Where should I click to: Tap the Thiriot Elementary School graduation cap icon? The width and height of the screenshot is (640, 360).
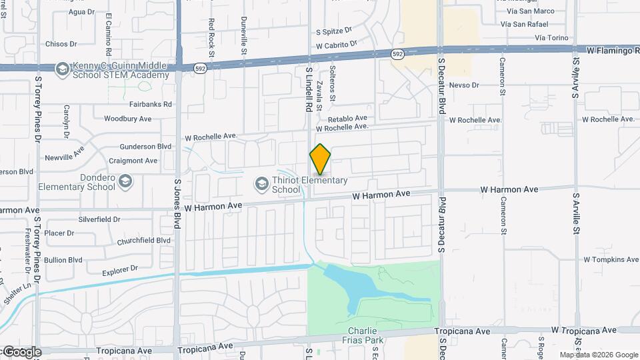click(x=262, y=182)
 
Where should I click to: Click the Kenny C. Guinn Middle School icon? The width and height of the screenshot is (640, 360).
click(x=62, y=69)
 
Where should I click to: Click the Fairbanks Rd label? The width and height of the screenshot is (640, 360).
click(x=150, y=104)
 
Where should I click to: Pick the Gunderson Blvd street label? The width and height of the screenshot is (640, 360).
click(x=146, y=147)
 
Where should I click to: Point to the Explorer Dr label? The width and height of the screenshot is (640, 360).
click(x=120, y=269)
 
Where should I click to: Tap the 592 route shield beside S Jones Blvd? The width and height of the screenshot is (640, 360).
click(x=199, y=68)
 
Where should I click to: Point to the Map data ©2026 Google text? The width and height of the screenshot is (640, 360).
click(x=599, y=355)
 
